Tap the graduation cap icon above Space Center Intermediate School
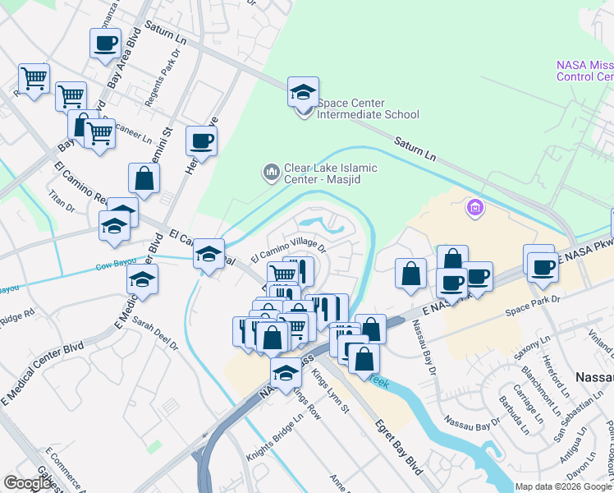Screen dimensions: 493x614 point(303,92)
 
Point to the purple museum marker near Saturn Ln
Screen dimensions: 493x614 point(475,209)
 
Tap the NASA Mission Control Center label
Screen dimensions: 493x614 point(584,71)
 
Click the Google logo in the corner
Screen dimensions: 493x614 point(28,483)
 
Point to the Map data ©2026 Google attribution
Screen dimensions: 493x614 point(563,486)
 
